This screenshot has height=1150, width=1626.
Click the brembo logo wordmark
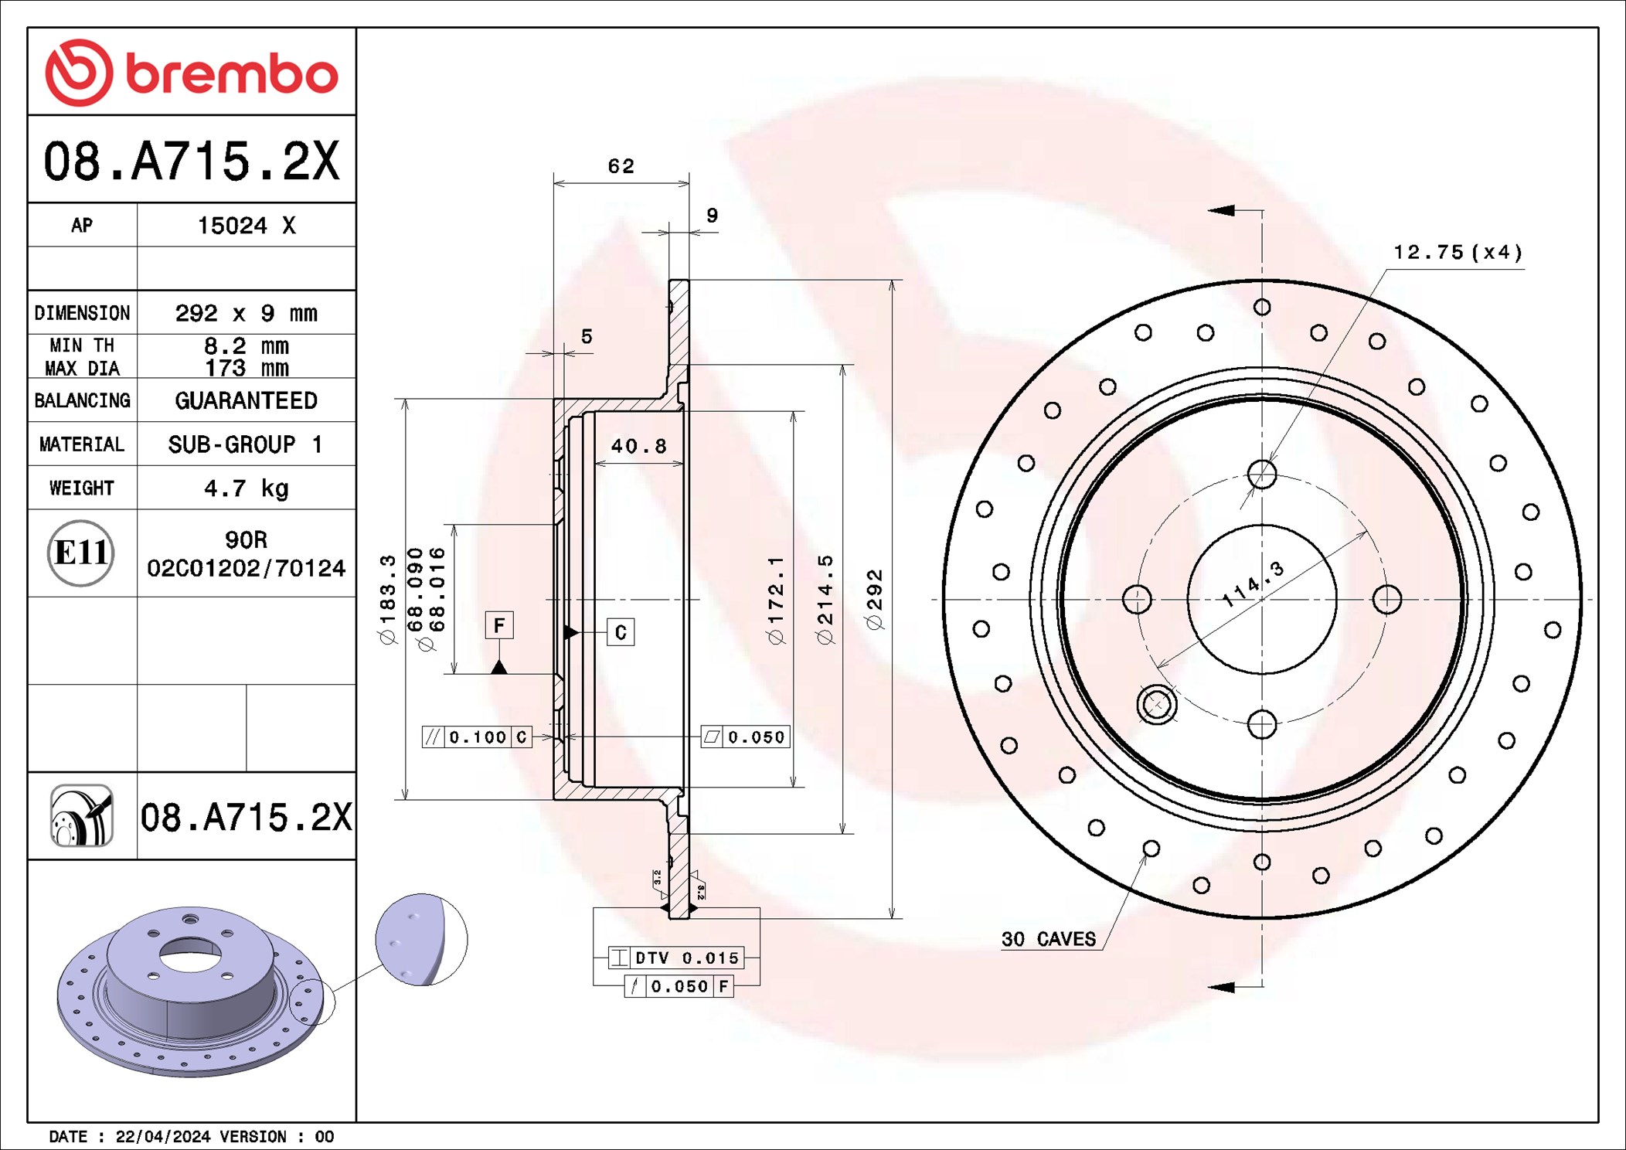[x=232, y=74]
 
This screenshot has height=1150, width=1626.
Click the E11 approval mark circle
[x=81, y=553]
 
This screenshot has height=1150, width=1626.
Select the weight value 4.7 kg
[x=246, y=488]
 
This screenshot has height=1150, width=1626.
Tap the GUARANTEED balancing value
[x=246, y=400]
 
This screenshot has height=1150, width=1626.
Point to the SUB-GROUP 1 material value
[x=246, y=444]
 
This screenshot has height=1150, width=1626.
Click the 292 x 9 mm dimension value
[x=246, y=313]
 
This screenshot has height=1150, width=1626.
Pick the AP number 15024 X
[x=246, y=226]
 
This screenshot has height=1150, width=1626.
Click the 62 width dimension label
[x=621, y=166]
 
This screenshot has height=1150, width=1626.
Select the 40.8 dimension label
[x=638, y=446]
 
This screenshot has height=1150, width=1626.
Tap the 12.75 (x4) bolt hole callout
[x=1458, y=252]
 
